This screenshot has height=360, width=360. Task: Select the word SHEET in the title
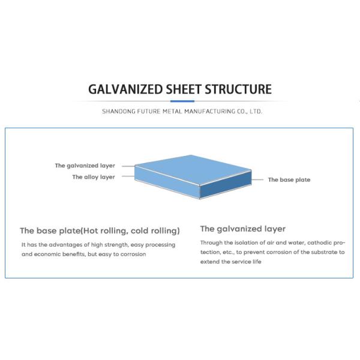(184, 90)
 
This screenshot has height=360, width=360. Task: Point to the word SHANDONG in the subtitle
(120, 112)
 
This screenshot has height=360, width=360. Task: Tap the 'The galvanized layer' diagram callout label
(85, 166)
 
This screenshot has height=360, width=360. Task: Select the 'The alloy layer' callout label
(93, 177)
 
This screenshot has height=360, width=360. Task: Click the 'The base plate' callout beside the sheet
(289, 179)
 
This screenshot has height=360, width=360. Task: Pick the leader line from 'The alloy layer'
(125, 176)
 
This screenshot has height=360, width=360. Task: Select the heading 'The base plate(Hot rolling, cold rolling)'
(100, 230)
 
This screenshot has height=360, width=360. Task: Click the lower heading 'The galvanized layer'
(242, 229)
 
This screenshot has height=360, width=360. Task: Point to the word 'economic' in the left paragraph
(48, 254)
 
